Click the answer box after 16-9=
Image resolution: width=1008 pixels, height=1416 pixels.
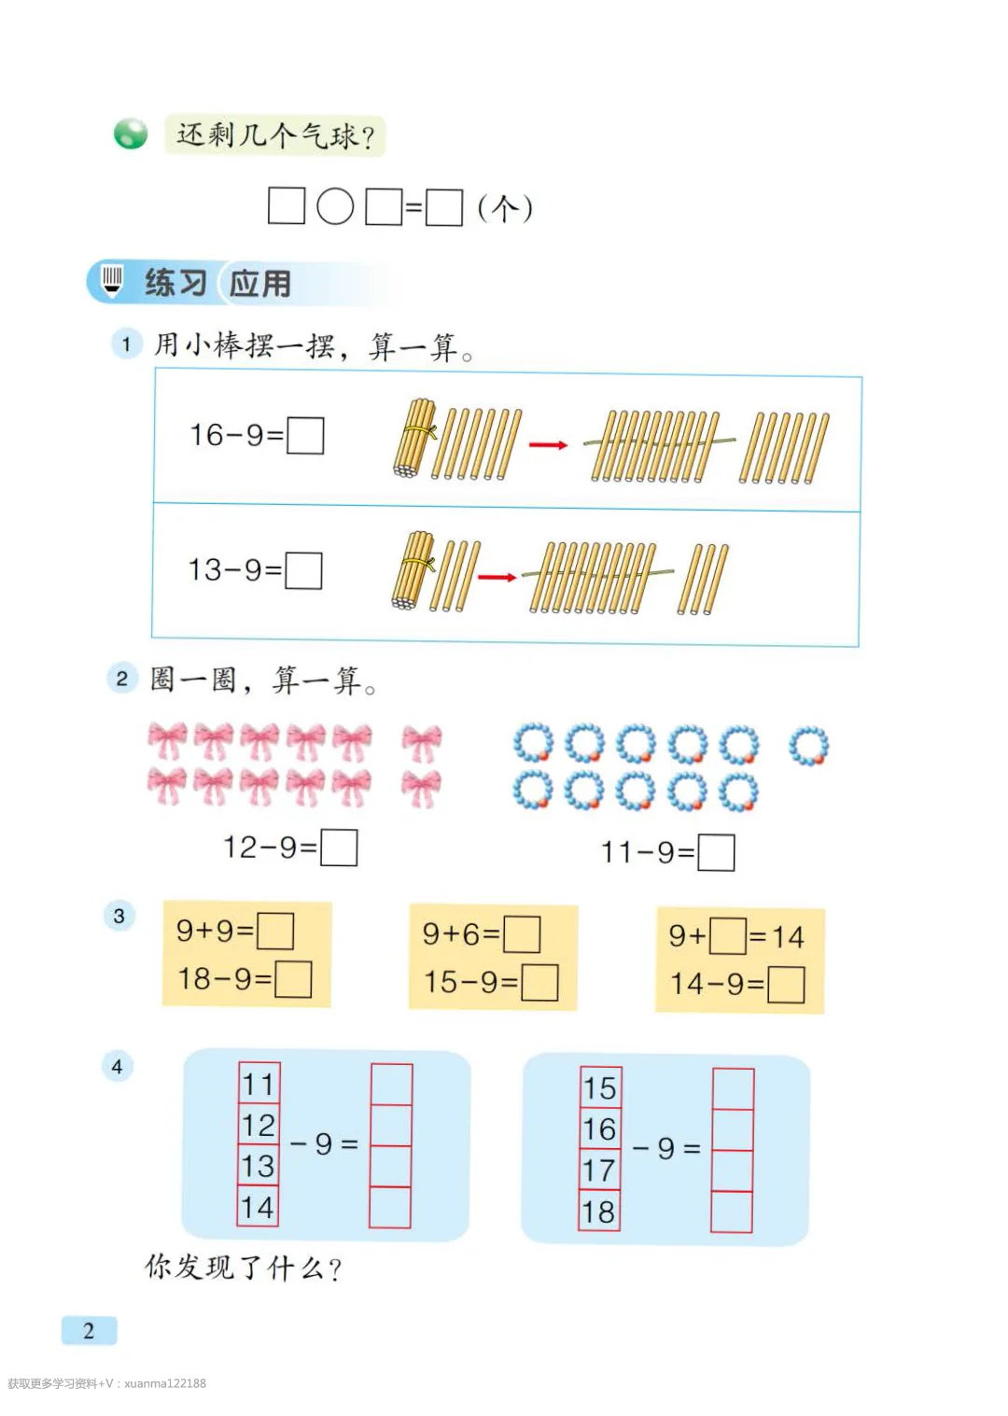(x=305, y=435)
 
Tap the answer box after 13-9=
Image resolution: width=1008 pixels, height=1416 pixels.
(x=303, y=570)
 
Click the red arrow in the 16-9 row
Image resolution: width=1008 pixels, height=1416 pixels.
(x=548, y=444)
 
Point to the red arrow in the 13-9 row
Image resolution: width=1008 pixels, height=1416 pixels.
(x=497, y=577)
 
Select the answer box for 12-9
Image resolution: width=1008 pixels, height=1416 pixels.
(x=339, y=848)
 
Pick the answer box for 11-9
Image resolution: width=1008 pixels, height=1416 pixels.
(x=716, y=852)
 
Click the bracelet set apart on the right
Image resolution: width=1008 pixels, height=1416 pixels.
(x=808, y=746)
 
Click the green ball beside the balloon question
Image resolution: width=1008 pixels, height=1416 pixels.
(x=131, y=134)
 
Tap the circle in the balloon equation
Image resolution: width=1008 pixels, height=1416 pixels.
(x=335, y=206)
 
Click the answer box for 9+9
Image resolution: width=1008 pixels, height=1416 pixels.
(x=275, y=931)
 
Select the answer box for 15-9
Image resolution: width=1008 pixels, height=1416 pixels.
(x=539, y=982)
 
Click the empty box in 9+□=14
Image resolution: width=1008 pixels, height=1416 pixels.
(x=727, y=936)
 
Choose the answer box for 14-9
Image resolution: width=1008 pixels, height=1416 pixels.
(x=786, y=985)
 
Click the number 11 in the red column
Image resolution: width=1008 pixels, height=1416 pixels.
(x=259, y=1084)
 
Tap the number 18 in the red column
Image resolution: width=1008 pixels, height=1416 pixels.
(x=599, y=1212)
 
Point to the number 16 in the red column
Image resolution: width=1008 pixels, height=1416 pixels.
(x=599, y=1129)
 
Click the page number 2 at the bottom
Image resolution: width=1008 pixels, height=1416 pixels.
(x=89, y=1330)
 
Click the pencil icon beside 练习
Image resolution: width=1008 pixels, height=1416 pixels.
(x=112, y=280)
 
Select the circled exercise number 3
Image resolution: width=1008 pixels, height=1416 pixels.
(x=119, y=916)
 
